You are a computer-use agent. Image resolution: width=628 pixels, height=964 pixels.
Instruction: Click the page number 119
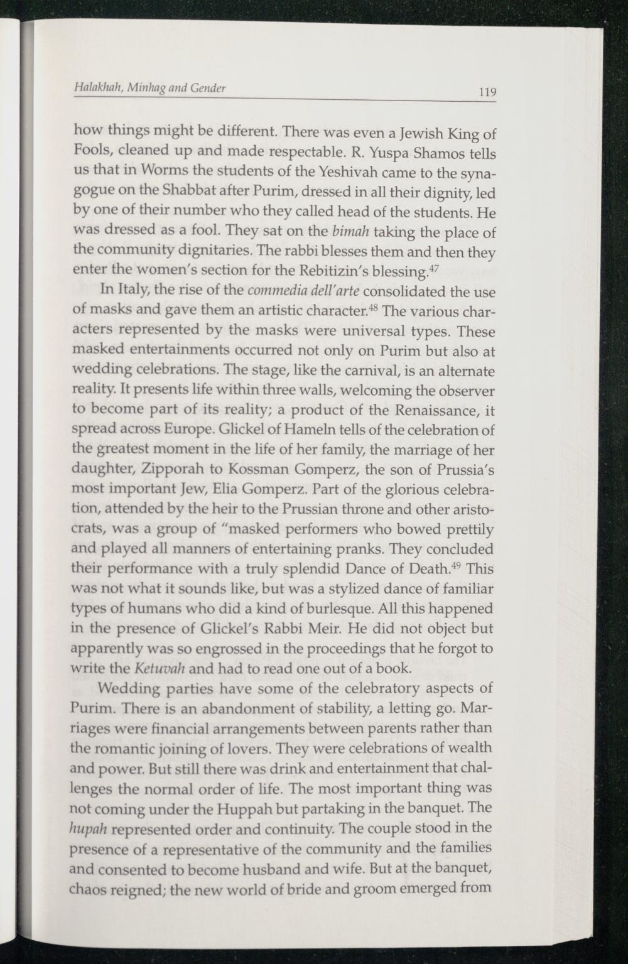(487, 92)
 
